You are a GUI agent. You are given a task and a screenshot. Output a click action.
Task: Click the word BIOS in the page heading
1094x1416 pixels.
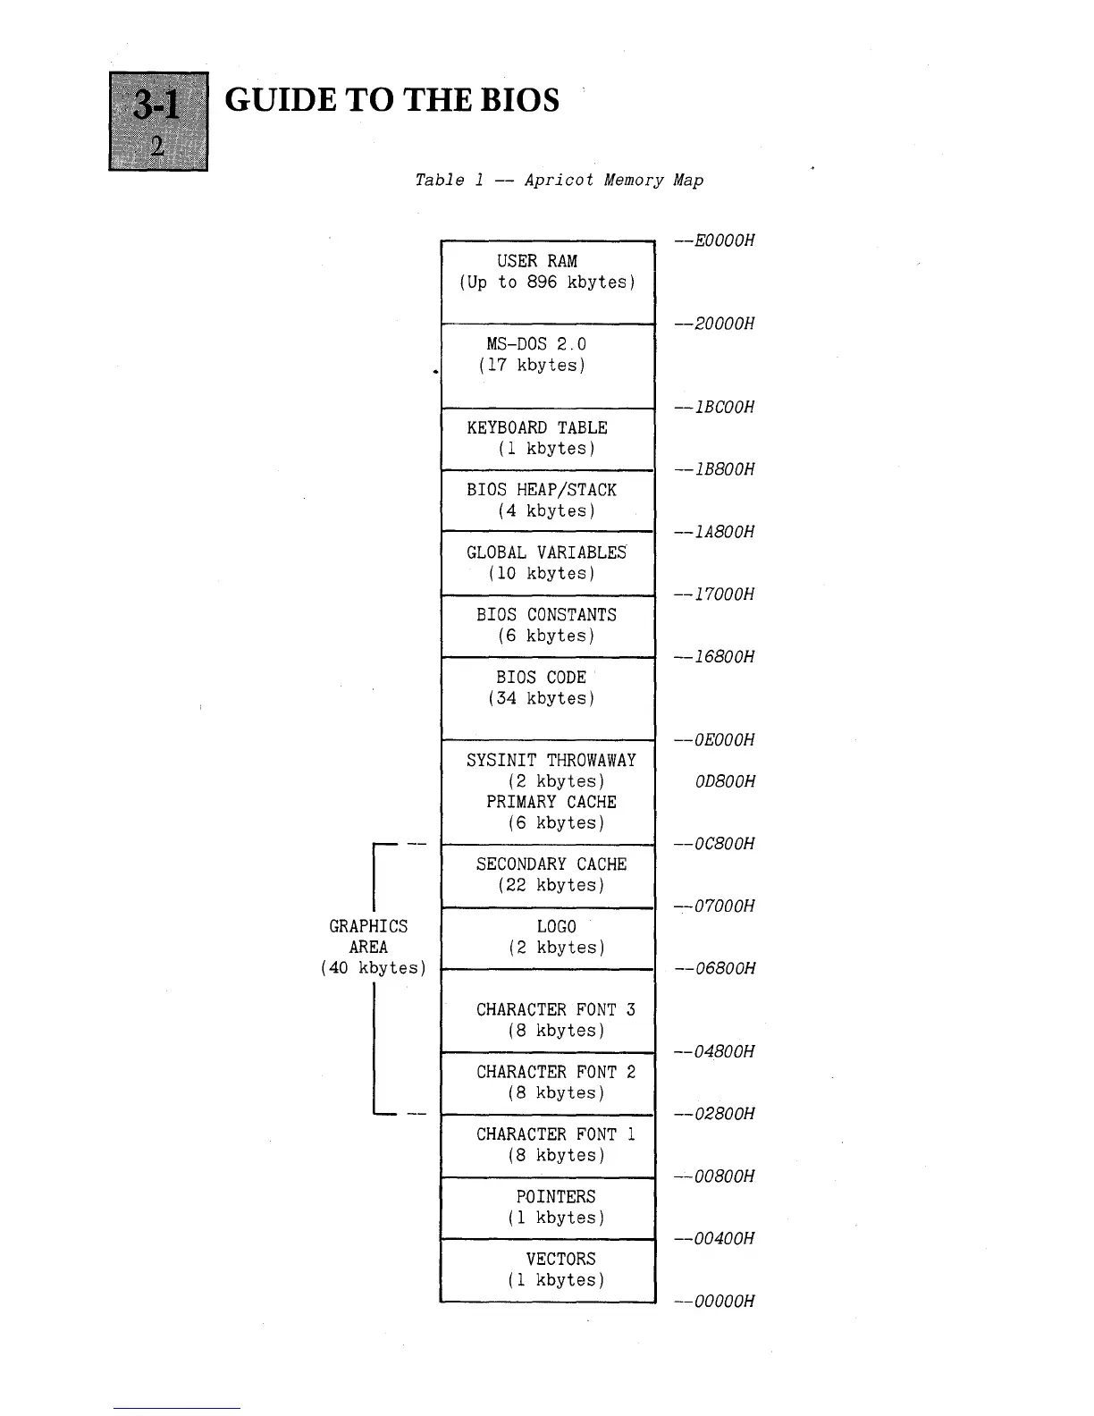[x=519, y=100]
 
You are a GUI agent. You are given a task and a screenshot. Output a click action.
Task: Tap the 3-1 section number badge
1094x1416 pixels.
[x=158, y=121]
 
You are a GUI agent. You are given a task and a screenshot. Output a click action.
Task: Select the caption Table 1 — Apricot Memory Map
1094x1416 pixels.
[x=559, y=181]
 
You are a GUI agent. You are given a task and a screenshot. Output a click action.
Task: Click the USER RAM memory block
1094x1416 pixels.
[x=548, y=282]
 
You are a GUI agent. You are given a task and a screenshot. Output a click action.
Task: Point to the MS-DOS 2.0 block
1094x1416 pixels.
[x=548, y=365]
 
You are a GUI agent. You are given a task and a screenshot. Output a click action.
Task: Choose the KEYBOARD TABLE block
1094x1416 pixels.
[x=548, y=438]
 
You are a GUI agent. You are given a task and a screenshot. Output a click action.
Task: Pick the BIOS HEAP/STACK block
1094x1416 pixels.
[x=548, y=501]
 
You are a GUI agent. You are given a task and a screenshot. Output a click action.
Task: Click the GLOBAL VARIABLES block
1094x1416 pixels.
[x=548, y=563]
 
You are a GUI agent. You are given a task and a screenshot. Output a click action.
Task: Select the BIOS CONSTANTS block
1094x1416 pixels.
[x=548, y=626]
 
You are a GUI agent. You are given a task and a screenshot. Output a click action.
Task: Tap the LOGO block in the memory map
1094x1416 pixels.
[x=548, y=938]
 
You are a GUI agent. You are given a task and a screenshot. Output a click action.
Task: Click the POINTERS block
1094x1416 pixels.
[x=548, y=1208]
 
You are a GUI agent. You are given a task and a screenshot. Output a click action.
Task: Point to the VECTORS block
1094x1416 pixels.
[x=548, y=1270]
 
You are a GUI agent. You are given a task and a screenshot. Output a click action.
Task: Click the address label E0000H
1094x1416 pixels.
[x=724, y=240]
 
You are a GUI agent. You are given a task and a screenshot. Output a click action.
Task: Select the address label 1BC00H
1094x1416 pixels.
[x=724, y=408]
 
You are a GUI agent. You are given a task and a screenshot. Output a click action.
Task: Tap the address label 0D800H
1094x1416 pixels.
[x=724, y=782]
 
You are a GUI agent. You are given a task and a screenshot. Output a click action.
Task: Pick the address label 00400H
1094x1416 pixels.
[x=724, y=1239]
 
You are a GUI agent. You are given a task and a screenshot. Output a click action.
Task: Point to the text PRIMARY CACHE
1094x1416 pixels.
[x=551, y=803]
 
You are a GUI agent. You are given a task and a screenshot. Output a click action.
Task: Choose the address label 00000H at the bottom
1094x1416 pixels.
[x=724, y=1302]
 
